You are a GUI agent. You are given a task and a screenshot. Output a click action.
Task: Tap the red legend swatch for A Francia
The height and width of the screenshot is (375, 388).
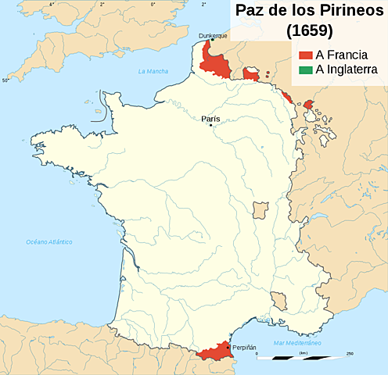pyautogui.click(x=304, y=55)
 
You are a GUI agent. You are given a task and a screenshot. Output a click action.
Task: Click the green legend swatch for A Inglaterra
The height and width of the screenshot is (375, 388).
pyautogui.click(x=304, y=70)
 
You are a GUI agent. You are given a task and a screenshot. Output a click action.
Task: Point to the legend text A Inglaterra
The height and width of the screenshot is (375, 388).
pyautogui.click(x=347, y=70)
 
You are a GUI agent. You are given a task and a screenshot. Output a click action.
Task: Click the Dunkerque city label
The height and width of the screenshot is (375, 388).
pyautogui.click(x=212, y=35)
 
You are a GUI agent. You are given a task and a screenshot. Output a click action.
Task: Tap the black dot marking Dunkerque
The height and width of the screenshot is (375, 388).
pyautogui.click(x=212, y=41)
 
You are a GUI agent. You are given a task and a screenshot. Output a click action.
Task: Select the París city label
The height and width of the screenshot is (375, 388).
pyautogui.click(x=210, y=119)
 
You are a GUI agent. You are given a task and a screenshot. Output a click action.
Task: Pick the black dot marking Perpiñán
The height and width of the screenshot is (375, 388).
pyautogui.click(x=228, y=347)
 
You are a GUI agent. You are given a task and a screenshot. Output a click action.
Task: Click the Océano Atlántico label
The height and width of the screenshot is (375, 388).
pyautogui.click(x=48, y=242)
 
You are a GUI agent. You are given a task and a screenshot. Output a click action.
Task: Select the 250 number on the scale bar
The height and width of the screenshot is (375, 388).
pyautogui.click(x=349, y=352)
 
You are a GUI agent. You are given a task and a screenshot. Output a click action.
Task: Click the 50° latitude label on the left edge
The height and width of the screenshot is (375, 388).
pyautogui.click(x=5, y=80)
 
